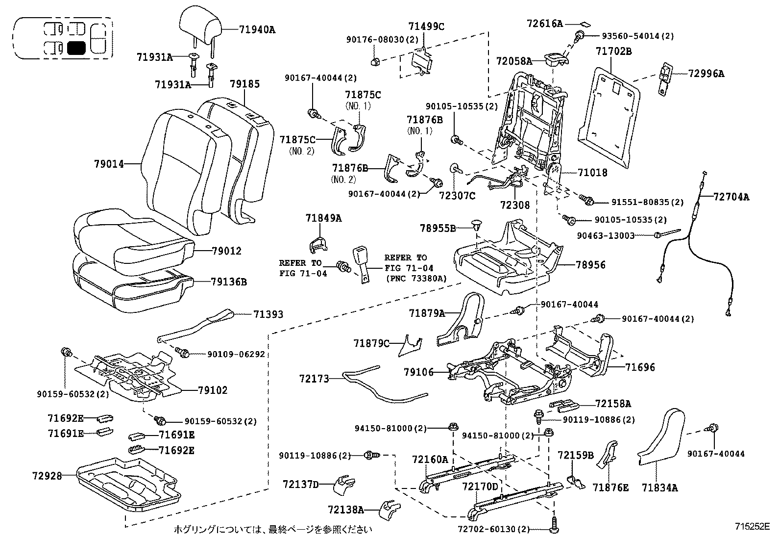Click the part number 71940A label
coord(257,29)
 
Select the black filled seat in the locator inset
coord(77,48)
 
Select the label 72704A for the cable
coord(731,197)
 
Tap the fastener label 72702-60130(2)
coord(493,530)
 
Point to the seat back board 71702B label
coord(613,51)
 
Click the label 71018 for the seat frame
coord(592,173)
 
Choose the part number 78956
coord(590,265)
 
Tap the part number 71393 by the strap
coord(268,314)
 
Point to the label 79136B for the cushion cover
coord(229,282)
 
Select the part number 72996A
coord(706,74)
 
